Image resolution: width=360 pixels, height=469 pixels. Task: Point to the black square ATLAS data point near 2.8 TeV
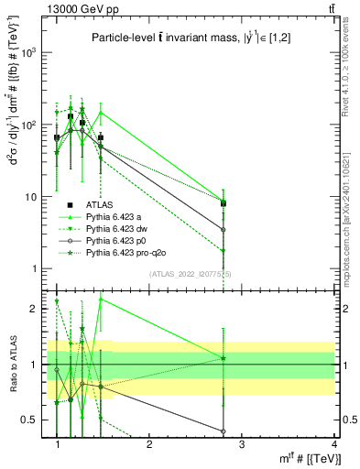[223, 203]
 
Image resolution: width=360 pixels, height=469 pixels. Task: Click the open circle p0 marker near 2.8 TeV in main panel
[223, 229]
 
